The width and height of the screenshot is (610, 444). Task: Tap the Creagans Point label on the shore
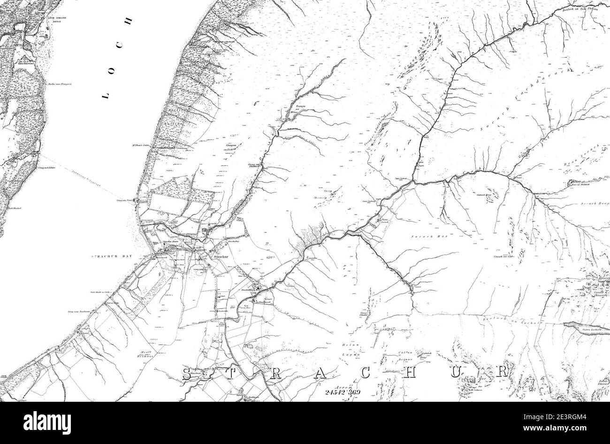pyautogui.click(x=123, y=200)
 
